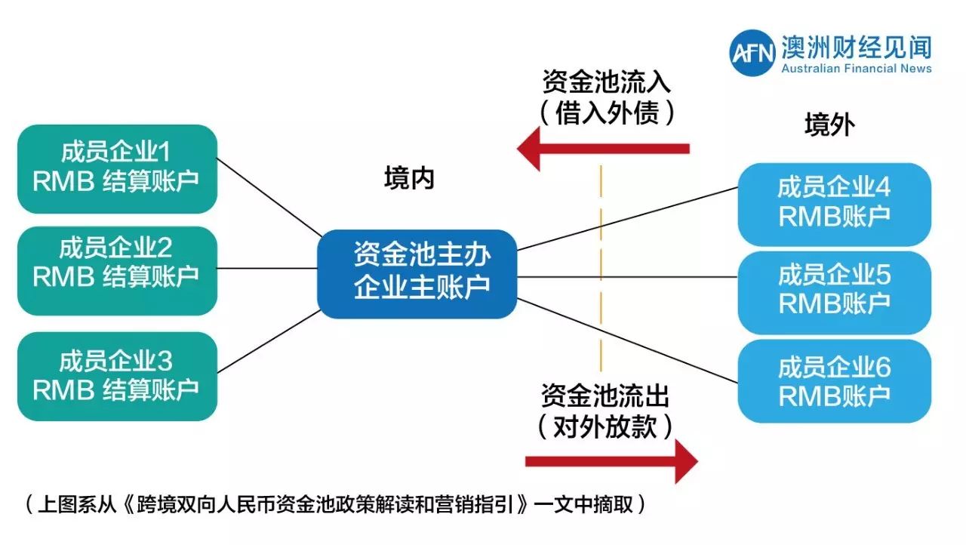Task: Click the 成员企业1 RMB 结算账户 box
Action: coord(117,168)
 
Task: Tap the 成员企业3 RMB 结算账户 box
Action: coord(117,376)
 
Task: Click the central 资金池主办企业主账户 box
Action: coord(417,273)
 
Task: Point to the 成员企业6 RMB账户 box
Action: coord(834,380)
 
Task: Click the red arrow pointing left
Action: coord(603,148)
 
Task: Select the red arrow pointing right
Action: coord(611,461)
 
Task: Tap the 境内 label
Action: coord(409,179)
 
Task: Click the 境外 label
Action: coord(829,125)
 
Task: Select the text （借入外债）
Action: coord(606,113)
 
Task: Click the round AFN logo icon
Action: coord(752,54)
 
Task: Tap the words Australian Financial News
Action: coord(857,69)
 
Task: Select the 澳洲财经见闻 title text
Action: coord(857,47)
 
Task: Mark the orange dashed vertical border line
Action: coord(601,264)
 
